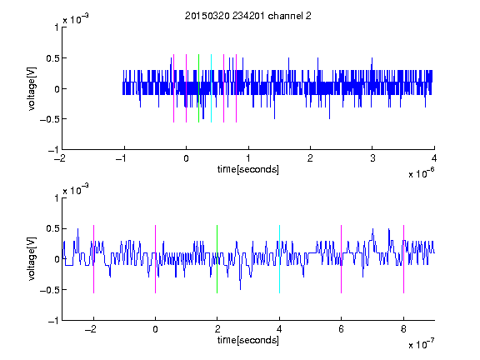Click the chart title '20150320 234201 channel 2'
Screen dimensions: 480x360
coord(248,16)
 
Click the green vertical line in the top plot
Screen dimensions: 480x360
coord(198,88)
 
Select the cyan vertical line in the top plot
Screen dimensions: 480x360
coord(211,88)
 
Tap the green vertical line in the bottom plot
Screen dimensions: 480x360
coord(217,259)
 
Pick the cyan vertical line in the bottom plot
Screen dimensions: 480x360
coord(279,259)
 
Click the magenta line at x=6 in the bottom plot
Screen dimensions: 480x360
coord(342,259)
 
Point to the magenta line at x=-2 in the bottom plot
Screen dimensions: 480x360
coord(93,259)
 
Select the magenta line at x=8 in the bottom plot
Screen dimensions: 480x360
coord(404,259)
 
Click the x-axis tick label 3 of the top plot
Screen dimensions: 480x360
coord(372,158)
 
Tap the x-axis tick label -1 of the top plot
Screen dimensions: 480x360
coord(122,158)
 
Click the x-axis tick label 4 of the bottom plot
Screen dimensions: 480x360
coord(279,329)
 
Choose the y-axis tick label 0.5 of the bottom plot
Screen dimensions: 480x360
coord(52,228)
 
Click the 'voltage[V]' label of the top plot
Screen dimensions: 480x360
coord(32,88)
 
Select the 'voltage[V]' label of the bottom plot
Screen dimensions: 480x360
coord(32,259)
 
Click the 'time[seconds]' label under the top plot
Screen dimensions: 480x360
coord(248,169)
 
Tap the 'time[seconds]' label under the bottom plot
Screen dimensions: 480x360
coord(248,340)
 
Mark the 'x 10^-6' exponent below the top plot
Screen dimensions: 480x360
coord(421,173)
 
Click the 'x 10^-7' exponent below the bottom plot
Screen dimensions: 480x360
coord(421,344)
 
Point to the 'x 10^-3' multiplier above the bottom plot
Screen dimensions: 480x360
coord(76,189)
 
